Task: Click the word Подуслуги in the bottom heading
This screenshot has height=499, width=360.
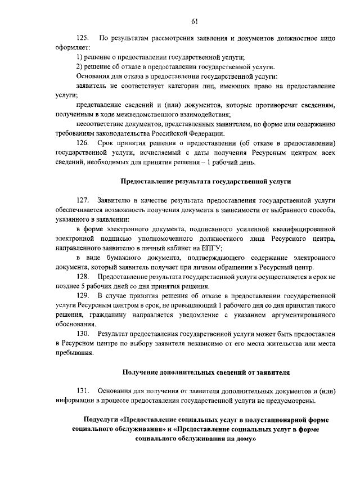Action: point(100,420)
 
